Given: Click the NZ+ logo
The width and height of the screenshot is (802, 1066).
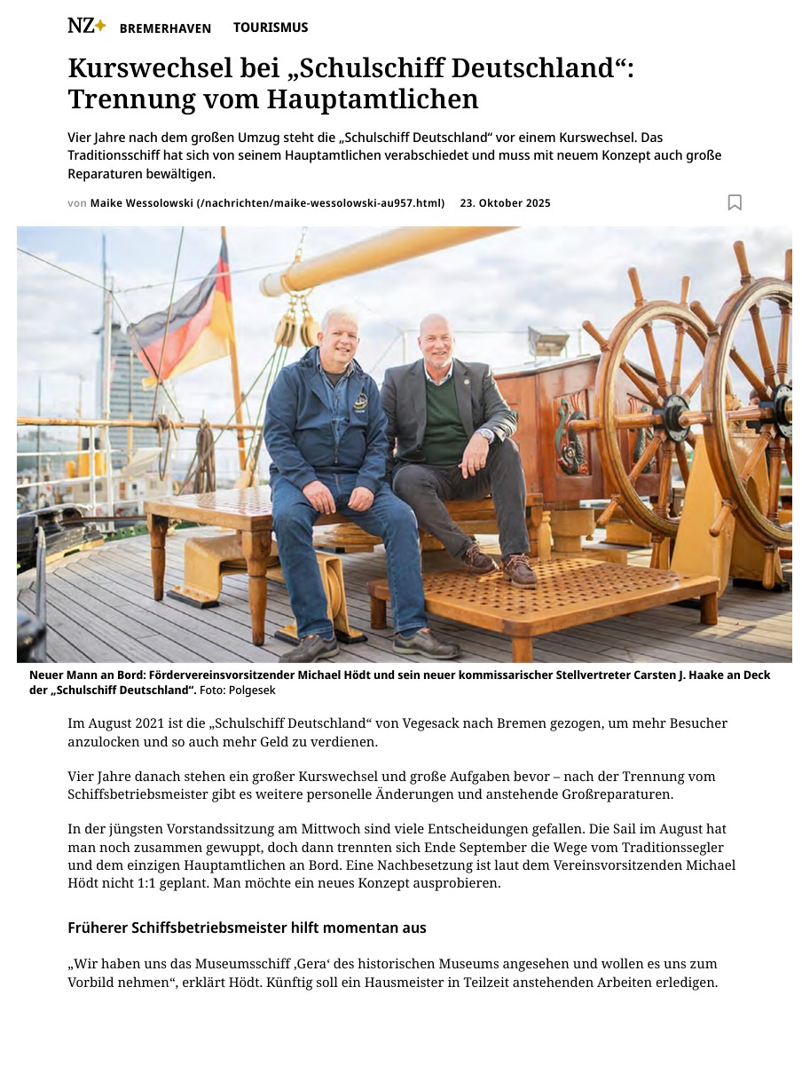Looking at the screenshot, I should [x=86, y=27].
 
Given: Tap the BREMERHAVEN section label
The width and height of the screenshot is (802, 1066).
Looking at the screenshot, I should [x=165, y=28].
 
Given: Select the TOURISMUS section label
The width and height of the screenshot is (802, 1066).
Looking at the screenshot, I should [x=271, y=28].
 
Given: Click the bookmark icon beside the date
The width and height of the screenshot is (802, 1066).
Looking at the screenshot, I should [x=735, y=202].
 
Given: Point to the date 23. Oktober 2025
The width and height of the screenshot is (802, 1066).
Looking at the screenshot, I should [x=505, y=203].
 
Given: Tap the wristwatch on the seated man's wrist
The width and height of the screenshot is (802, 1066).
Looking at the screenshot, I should [x=485, y=435].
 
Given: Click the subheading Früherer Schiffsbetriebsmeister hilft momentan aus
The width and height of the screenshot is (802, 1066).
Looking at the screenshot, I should [x=247, y=928].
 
